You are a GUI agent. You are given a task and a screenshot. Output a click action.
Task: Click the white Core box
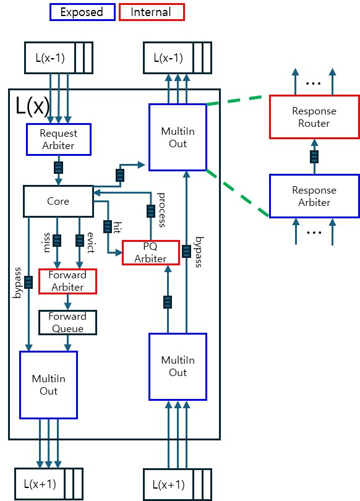[58, 201]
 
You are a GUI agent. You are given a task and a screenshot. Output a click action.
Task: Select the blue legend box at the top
[82, 12]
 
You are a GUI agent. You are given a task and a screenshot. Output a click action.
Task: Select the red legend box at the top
[152, 12]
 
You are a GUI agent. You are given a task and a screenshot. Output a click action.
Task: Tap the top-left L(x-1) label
[49, 58]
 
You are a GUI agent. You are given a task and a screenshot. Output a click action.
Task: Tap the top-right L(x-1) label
[168, 58]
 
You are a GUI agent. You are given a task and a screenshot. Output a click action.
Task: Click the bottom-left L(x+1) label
[40, 484]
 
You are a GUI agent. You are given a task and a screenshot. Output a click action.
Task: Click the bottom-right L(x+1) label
[168, 484]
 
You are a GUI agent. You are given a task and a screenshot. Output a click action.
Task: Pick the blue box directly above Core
[59, 139]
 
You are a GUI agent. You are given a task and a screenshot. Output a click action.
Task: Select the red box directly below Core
[67, 281]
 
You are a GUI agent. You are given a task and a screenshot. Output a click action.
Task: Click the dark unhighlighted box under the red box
[67, 322]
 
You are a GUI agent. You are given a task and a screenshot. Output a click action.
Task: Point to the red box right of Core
[151, 252]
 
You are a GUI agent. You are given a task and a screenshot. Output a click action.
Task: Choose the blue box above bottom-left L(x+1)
[48, 385]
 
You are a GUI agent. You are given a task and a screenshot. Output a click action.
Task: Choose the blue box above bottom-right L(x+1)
[178, 367]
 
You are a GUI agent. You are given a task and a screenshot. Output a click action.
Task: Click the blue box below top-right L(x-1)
[178, 137]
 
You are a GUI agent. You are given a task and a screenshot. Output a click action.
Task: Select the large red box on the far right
[314, 117]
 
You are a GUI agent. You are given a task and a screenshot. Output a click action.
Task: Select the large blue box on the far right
[314, 196]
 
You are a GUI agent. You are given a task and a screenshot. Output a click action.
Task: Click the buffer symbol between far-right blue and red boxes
[314, 156]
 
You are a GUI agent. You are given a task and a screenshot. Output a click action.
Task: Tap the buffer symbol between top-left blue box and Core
[58, 168]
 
